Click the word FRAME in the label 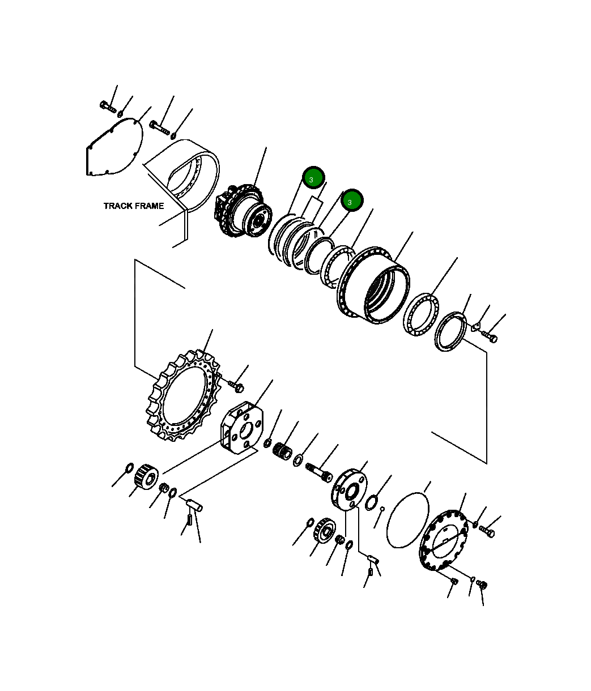pyautogui.click(x=149, y=206)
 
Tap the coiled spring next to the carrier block pyautogui.click(x=282, y=453)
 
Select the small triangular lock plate pyautogui.click(x=476, y=326)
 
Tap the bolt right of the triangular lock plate pyautogui.click(x=490, y=337)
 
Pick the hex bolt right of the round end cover pyautogui.click(x=487, y=531)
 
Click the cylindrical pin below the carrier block pyautogui.click(x=195, y=504)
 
